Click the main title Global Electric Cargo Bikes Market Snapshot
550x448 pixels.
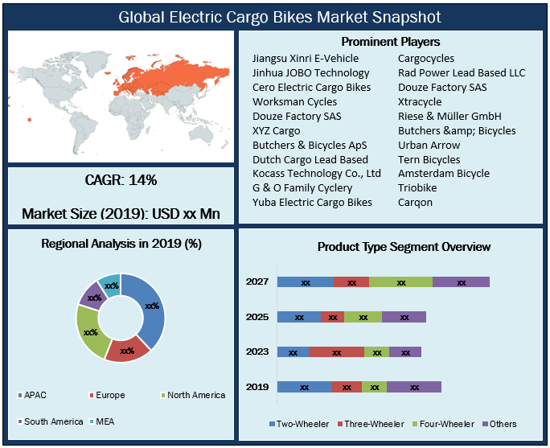pyautogui.click(x=274, y=16)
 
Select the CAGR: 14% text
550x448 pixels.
pyautogui.click(x=121, y=180)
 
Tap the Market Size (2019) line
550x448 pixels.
pyautogui.click(x=121, y=214)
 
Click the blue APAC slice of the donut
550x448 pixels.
pyautogui.click(x=151, y=306)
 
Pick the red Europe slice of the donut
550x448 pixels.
pyautogui.click(x=127, y=350)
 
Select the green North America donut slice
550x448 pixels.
pyautogui.click(x=90, y=331)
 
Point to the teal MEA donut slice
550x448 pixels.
pyautogui.click(x=110, y=286)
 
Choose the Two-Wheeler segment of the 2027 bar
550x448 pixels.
pyautogui.click(x=306, y=282)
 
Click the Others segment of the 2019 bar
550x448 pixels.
pyautogui.click(x=414, y=387)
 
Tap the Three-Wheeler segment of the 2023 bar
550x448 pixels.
pyautogui.click(x=336, y=351)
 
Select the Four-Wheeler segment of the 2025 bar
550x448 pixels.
pyautogui.click(x=363, y=317)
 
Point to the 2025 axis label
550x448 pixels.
pyautogui.click(x=257, y=317)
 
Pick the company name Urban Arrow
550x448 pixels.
pyautogui.click(x=429, y=145)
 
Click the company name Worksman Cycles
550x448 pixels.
pyautogui.click(x=294, y=102)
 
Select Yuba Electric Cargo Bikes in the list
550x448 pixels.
pyautogui.click(x=312, y=202)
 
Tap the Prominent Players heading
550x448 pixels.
pyautogui.click(x=391, y=42)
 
